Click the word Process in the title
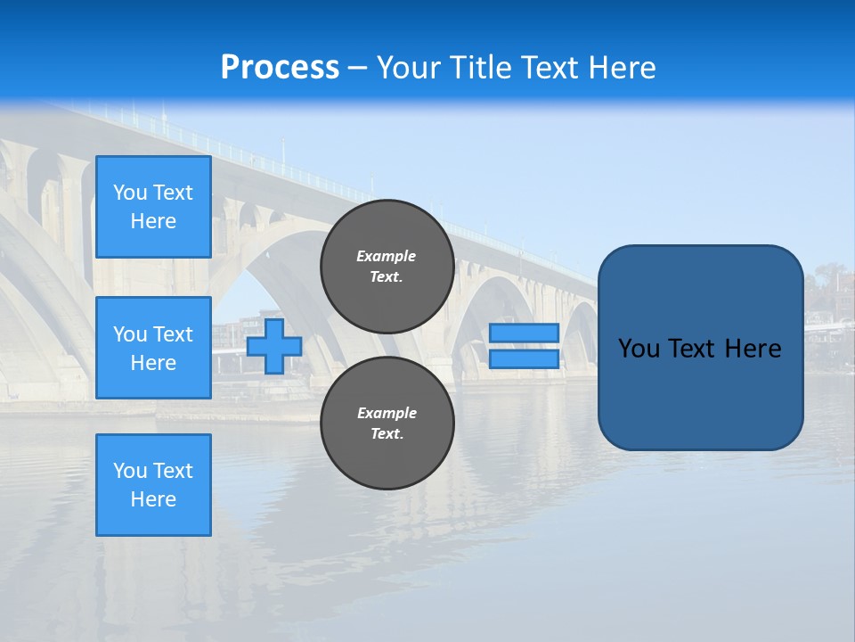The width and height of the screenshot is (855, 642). [280, 68]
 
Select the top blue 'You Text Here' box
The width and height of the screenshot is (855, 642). [153, 207]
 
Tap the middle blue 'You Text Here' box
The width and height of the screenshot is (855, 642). [153, 348]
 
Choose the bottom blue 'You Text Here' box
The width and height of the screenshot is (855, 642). [153, 485]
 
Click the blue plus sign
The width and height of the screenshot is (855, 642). [274, 346]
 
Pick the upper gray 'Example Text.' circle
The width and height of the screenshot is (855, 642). [387, 267]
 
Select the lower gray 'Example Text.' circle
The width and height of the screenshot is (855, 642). [387, 424]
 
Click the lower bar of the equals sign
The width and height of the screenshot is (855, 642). [524, 359]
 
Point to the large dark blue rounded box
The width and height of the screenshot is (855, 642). [700, 392]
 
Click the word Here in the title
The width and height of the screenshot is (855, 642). [623, 68]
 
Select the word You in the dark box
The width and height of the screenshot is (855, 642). [639, 349]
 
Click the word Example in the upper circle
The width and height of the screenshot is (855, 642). [387, 256]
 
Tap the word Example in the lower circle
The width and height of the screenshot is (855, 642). [387, 413]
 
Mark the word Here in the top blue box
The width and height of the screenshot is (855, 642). [153, 221]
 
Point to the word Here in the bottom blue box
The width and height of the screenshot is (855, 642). [153, 499]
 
